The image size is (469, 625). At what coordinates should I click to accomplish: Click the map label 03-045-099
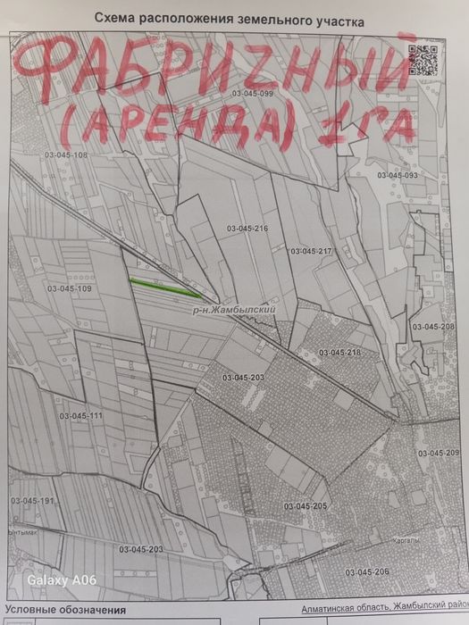pyautogui.click(x=251, y=93)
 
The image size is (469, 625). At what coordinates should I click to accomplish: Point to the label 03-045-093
pyautogui.click(x=397, y=175)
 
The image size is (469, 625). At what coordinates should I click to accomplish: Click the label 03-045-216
pyautogui.click(x=247, y=229)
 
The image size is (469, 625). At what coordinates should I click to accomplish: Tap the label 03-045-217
pyautogui.click(x=311, y=251)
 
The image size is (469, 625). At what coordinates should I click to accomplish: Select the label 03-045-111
pyautogui.click(x=80, y=416)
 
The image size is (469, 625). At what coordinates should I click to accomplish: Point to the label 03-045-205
pyautogui.click(x=306, y=506)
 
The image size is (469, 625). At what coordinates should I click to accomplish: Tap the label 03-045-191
pyautogui.click(x=32, y=502)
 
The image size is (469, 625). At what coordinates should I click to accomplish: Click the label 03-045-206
pyautogui.click(x=366, y=571)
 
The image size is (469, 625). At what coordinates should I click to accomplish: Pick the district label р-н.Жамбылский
pyautogui.click(x=230, y=308)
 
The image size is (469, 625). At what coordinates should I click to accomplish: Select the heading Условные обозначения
pyautogui.click(x=66, y=610)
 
